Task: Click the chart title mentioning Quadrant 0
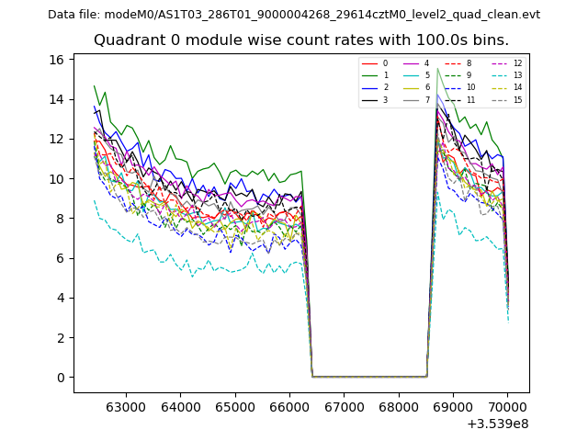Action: pos(300,40)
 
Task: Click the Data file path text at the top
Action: pos(294,15)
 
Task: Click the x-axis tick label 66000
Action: pos(289,405)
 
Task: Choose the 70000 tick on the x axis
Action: pos(507,405)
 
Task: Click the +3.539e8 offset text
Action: pos(498,424)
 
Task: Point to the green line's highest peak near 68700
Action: pos(437,69)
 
